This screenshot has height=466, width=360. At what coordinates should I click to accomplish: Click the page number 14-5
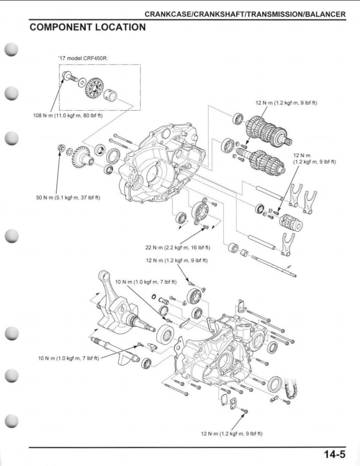click(334, 453)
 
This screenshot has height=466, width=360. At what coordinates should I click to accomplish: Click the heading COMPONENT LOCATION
click(87, 27)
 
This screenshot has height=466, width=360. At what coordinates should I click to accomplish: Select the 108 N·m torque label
click(68, 116)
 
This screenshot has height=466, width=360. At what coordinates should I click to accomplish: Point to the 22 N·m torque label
click(178, 247)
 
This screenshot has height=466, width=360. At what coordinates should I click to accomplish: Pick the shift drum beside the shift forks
click(291, 221)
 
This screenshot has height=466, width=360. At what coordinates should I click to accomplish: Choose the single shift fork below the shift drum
click(287, 244)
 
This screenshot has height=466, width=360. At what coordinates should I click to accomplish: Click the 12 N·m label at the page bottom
click(231, 433)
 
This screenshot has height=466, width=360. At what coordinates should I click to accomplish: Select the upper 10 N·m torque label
click(146, 282)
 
